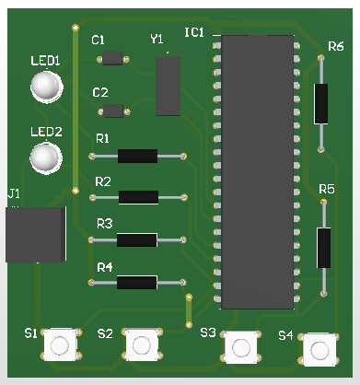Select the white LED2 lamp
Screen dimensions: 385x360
(44, 157)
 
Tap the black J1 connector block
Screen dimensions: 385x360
(35, 235)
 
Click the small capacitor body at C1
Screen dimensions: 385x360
(113, 59)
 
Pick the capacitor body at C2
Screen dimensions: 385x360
(113, 111)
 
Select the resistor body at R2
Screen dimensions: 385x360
(139, 197)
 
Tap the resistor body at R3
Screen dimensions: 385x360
(137, 240)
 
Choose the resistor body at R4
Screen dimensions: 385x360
(137, 283)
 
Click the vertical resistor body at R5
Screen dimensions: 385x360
(324, 247)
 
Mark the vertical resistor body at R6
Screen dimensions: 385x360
(321, 103)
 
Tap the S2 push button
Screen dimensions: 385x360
(140, 344)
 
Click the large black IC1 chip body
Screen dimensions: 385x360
(259, 171)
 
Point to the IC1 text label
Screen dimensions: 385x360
(194, 33)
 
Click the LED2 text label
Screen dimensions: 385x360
(46, 131)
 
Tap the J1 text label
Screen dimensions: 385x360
(13, 194)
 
